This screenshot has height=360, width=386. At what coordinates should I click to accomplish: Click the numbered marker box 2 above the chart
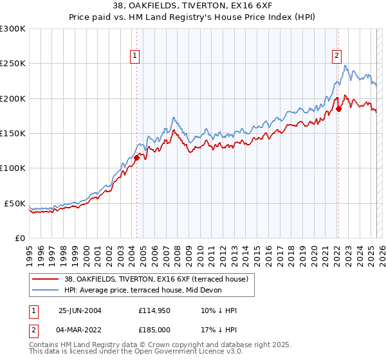336,57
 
